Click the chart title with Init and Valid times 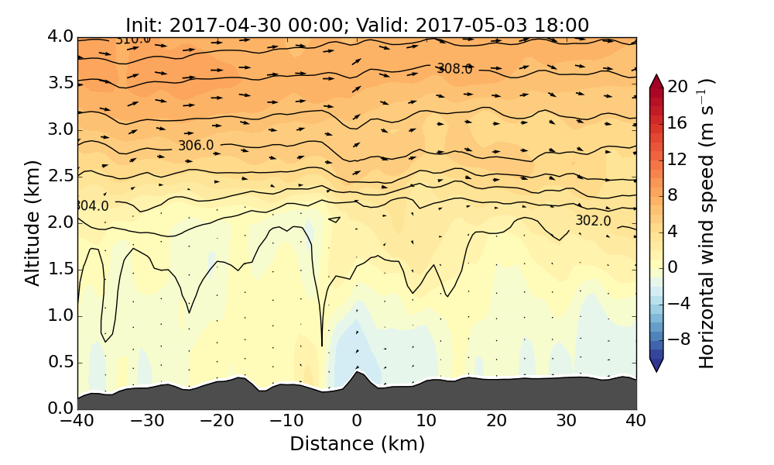[357, 25]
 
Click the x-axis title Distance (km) [357, 444]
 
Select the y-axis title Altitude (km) [33, 223]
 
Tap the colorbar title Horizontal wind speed [707, 223]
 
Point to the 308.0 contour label [454, 69]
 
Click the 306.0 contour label [195, 146]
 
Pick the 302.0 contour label [593, 221]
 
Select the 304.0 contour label [92, 206]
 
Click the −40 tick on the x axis [77, 422]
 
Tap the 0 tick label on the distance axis [357, 422]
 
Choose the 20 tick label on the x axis [497, 422]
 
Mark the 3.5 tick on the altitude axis [60, 83]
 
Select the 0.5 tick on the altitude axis [60, 363]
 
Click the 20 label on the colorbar [678, 87]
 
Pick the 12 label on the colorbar [678, 159]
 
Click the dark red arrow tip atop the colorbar [656, 80]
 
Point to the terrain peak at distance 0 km [357, 374]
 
